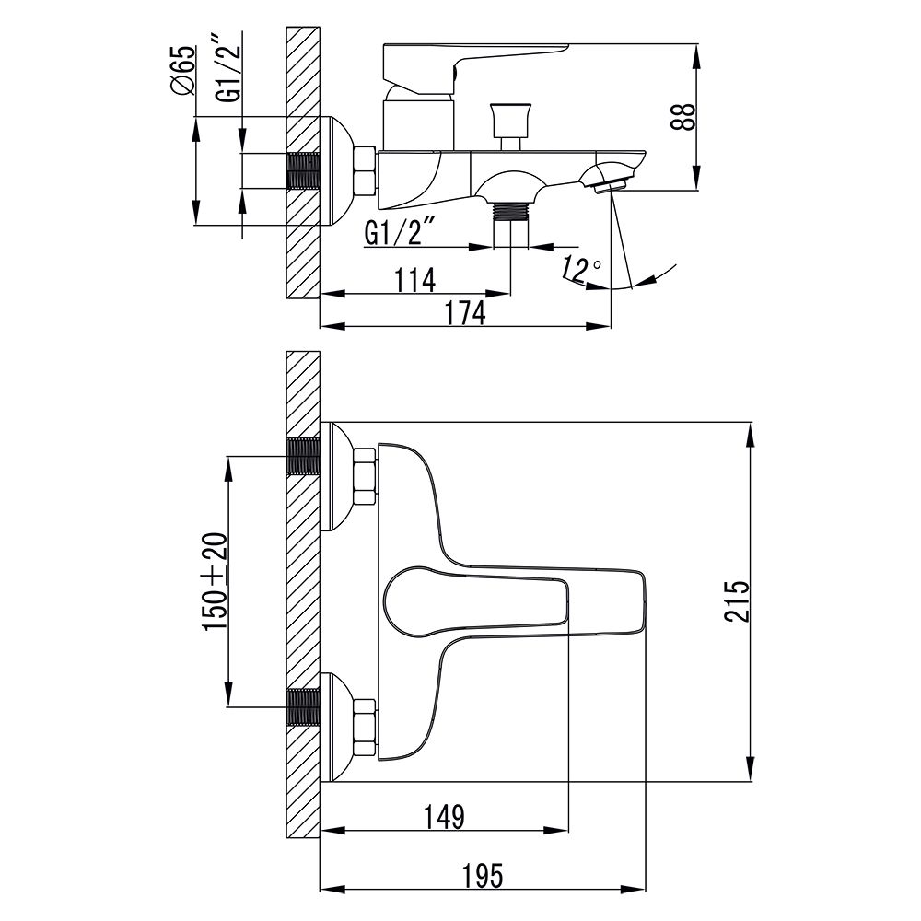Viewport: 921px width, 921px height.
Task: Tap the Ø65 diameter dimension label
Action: coord(182,71)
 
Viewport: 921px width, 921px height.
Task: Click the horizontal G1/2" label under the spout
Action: coord(398,232)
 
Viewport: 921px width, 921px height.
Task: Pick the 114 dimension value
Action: coord(416,279)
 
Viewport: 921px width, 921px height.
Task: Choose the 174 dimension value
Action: coord(465,312)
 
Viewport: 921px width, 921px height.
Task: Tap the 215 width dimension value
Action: coord(736,601)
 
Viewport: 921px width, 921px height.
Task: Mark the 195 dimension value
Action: coord(482,876)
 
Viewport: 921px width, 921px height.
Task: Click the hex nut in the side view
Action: coord(365,171)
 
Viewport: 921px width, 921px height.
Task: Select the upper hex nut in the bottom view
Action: coord(365,476)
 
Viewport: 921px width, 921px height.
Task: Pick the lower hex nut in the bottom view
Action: coord(365,728)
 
